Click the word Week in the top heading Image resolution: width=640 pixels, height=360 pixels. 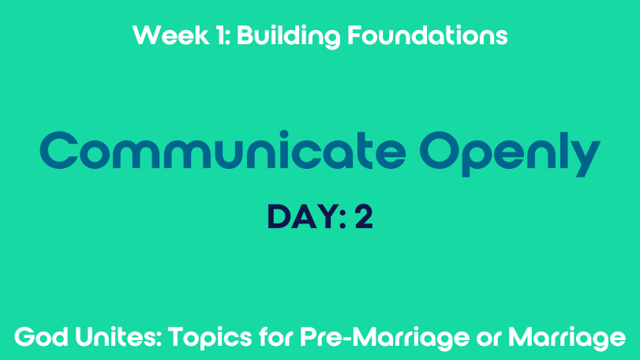click(170, 35)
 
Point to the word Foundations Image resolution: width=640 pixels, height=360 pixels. click(428, 35)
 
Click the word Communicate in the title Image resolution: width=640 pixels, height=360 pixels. click(223, 150)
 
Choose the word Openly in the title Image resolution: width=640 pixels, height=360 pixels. click(511, 153)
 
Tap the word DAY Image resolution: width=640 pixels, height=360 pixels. click(302, 217)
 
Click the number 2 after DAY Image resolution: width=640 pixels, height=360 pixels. click(364, 217)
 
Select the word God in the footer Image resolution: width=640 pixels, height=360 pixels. click(41, 338)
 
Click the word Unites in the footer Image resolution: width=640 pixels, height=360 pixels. click(118, 338)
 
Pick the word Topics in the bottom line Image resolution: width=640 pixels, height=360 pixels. click(210, 339)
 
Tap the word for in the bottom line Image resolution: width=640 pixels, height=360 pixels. click(276, 337)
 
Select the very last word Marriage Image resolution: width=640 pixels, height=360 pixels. click(567, 339)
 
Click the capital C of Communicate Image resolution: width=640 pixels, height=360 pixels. click(59, 150)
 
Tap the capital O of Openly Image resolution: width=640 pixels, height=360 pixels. click(439, 150)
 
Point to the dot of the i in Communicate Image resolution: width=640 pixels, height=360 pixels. click(283, 134)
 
